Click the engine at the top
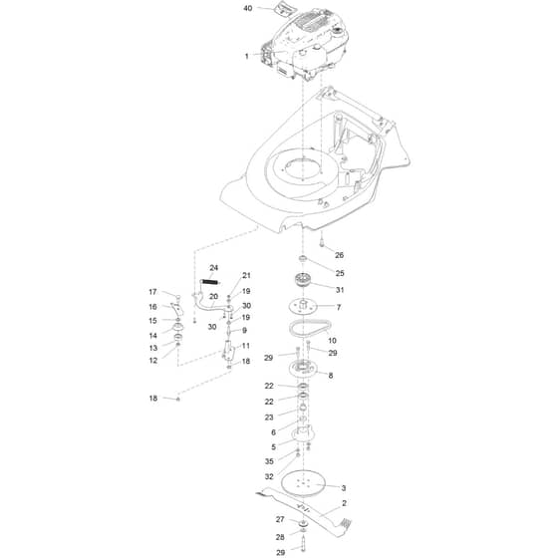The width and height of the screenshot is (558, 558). click(304, 46)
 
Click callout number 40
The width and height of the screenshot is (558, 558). click(248, 8)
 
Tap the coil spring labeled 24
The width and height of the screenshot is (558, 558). click(209, 282)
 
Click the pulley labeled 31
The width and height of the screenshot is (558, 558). click(303, 280)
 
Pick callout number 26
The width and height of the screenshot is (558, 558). click(339, 255)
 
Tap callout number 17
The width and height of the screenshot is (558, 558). click(152, 292)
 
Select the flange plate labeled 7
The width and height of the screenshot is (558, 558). click(303, 307)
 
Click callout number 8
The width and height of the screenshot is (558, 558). click(331, 375)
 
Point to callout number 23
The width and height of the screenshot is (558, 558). click(269, 418)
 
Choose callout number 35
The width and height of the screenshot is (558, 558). click(269, 461)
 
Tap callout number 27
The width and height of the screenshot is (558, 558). click(280, 519)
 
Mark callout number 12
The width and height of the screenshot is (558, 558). click(153, 361)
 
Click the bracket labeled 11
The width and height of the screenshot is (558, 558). click(228, 350)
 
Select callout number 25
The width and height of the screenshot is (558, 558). click(340, 273)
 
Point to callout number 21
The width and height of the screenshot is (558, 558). click(246, 275)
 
